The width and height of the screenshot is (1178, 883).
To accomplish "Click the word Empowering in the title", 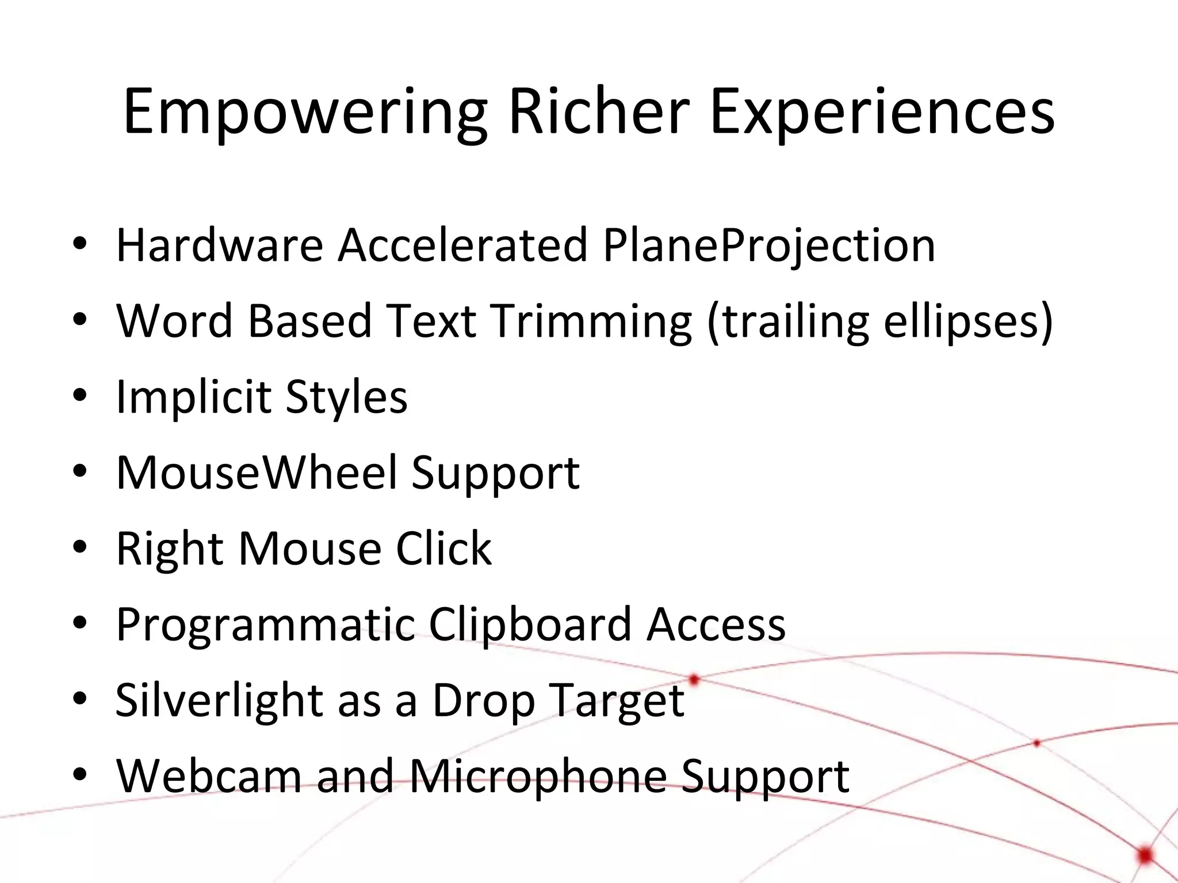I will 305,112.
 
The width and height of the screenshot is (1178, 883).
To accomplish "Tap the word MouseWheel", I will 257,473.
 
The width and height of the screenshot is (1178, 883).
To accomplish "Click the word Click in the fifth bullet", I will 443,548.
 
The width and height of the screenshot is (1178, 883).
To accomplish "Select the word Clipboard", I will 529,624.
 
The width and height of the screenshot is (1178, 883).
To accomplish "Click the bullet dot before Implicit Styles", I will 80,396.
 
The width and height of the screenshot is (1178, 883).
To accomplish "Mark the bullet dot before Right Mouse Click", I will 80,547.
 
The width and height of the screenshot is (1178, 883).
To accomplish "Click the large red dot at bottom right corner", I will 1146,855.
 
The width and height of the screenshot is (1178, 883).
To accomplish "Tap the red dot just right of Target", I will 694,680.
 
